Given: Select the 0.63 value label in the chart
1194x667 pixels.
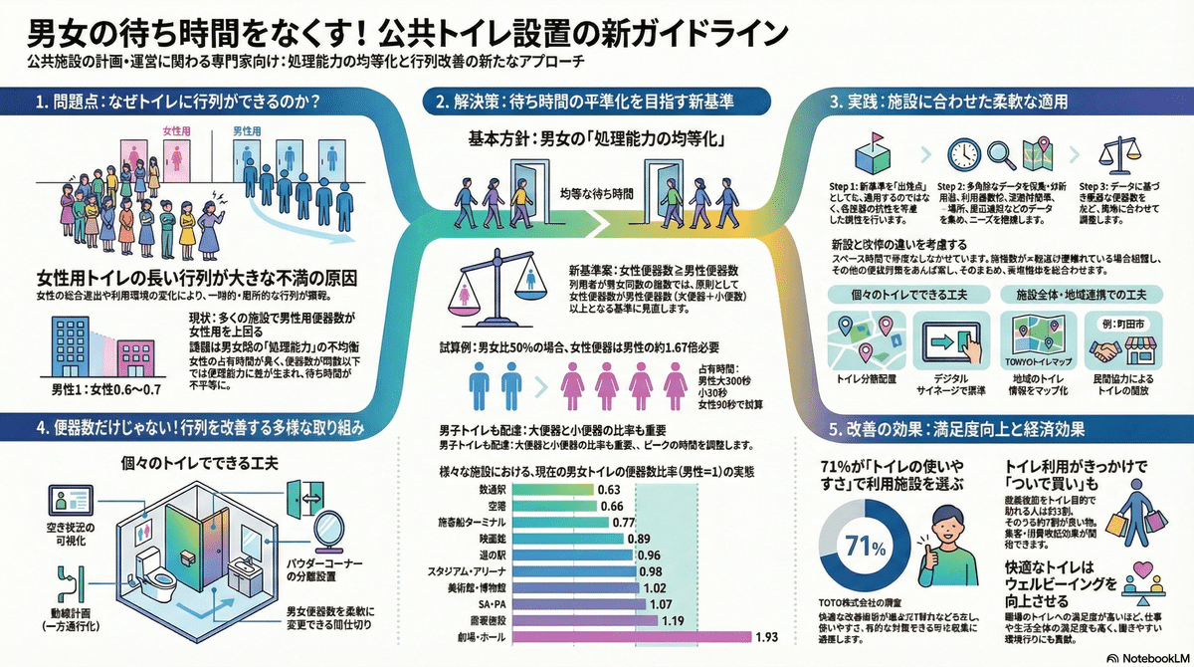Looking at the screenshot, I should [609, 489].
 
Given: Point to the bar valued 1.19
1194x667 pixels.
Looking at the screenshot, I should [562, 619].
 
